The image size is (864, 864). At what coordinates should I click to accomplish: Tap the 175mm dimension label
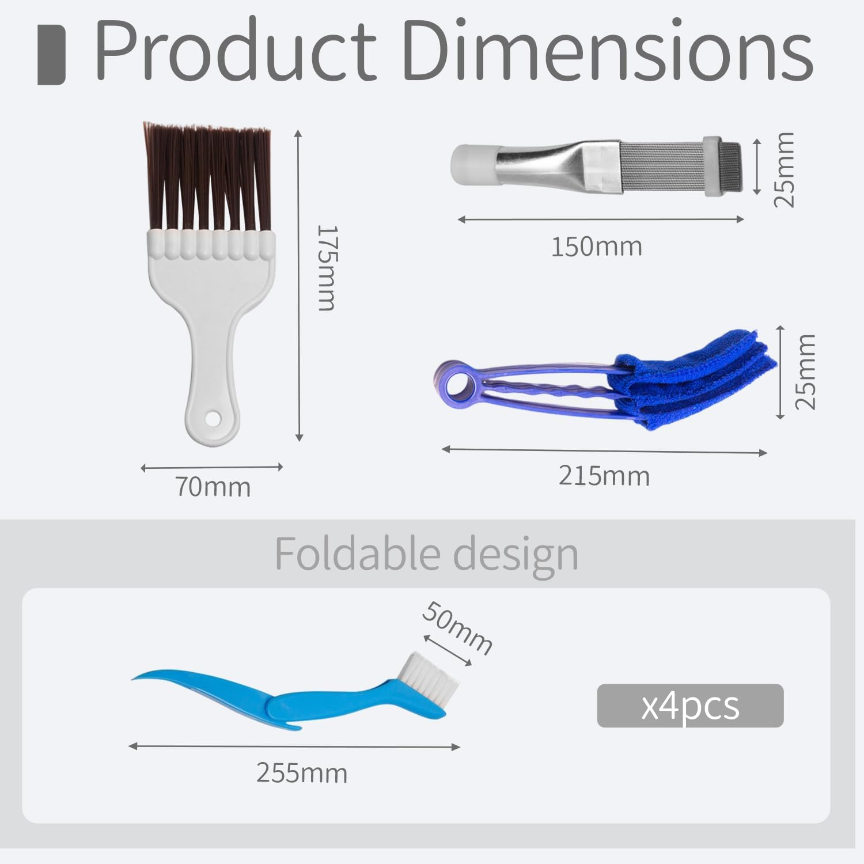(x=327, y=268)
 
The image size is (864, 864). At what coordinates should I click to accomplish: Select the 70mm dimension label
(x=213, y=487)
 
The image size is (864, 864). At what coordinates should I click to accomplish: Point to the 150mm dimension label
(x=597, y=247)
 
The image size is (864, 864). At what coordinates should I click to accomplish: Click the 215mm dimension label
(x=604, y=476)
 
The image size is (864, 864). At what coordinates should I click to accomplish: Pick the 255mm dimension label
(x=302, y=773)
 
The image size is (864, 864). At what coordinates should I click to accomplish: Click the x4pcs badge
(x=690, y=706)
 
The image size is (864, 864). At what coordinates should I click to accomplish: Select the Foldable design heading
(x=426, y=554)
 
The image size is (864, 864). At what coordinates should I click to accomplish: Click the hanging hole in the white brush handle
(x=213, y=416)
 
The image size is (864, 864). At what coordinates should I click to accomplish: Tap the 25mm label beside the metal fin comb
(x=784, y=169)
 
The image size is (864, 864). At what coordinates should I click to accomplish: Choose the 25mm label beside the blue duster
(x=806, y=372)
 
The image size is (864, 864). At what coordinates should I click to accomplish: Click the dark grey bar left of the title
(x=51, y=55)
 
